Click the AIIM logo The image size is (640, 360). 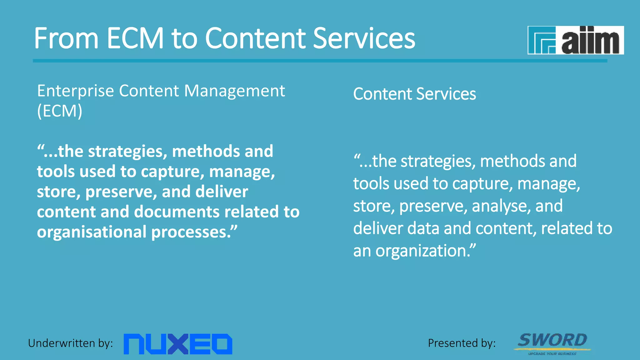(x=576, y=40)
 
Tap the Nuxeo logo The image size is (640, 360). (x=178, y=344)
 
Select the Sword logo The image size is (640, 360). (x=552, y=342)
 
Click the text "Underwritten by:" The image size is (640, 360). (x=71, y=343)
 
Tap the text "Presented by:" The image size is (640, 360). (x=462, y=343)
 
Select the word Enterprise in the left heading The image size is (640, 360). (x=76, y=91)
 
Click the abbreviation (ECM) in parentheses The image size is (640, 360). (x=60, y=111)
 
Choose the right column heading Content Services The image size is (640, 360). (x=414, y=94)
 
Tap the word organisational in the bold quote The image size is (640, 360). (x=92, y=232)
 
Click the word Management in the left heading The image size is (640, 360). (x=234, y=91)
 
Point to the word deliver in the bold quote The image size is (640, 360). (x=222, y=192)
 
